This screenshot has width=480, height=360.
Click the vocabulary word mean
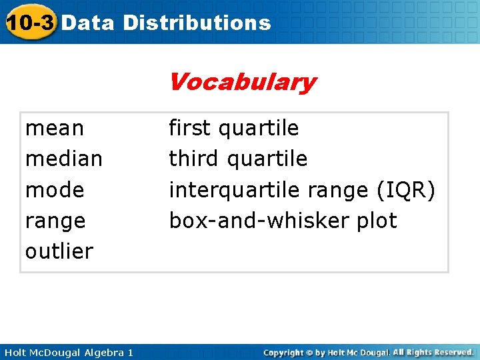tap(55, 128)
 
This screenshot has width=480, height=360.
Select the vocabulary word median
tap(64, 159)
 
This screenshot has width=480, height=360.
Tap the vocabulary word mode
tap(55, 190)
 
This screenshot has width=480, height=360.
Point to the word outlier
tap(59, 251)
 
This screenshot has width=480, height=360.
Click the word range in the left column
tap(55, 221)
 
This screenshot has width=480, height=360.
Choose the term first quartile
tap(234, 128)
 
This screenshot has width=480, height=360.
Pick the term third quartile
tap(238, 159)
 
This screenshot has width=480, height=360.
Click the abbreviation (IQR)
tap(405, 190)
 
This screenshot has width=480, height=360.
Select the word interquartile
tap(234, 190)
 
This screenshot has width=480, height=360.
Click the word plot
tap(375, 221)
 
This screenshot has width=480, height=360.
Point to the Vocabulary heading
tap(242, 83)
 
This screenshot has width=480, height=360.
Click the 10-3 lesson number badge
tap(29, 23)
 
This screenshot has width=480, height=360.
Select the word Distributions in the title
tap(197, 23)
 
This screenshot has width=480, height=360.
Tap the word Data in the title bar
tap(89, 23)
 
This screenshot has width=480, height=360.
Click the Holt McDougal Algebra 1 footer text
tap(68, 352)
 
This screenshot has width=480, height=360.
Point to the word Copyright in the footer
tap(284, 352)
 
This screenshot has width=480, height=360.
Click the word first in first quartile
tap(191, 128)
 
